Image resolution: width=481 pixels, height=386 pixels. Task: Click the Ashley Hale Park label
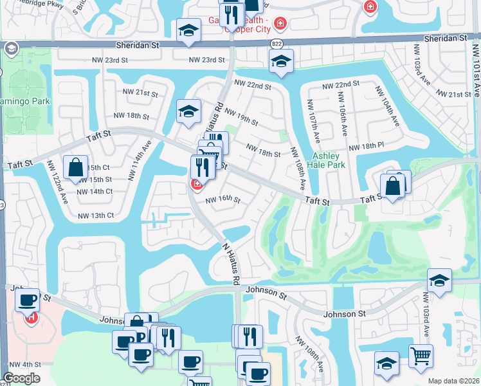(x=329, y=160)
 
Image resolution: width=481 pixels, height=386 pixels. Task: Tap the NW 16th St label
(x=222, y=200)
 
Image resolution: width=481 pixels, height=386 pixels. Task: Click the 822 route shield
(x=277, y=44)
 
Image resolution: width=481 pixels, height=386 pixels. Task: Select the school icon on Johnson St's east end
(x=439, y=280)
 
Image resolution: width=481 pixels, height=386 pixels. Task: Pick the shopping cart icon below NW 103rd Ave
(x=421, y=355)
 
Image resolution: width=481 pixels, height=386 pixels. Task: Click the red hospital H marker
(x=30, y=317)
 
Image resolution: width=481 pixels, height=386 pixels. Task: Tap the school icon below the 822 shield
(x=281, y=61)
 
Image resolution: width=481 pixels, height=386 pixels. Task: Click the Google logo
(x=21, y=378)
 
